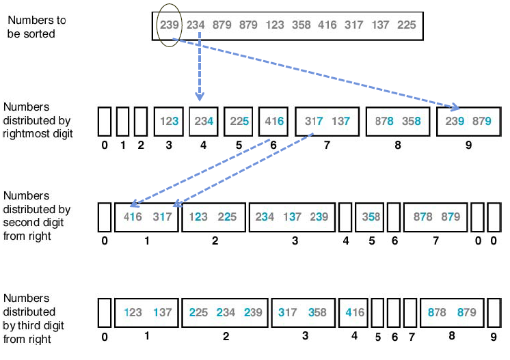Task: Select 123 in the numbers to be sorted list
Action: [x=274, y=25]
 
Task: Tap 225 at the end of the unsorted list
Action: [x=405, y=25]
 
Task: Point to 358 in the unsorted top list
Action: [x=301, y=25]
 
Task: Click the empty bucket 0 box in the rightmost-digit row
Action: [x=104, y=122]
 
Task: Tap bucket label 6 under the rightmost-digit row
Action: [x=274, y=145]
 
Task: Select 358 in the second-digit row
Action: [x=371, y=217]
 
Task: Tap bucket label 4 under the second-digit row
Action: [x=345, y=240]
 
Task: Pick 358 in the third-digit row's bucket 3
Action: [x=318, y=313]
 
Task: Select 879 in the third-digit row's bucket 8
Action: [x=471, y=313]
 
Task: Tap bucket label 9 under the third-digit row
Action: [x=494, y=336]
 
